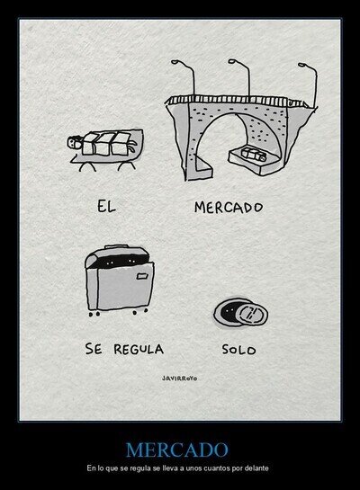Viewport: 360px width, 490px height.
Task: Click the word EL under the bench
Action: coord(106,207)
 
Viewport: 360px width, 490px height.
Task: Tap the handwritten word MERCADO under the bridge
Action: coord(229,208)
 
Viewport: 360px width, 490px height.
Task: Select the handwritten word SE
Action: coord(94,349)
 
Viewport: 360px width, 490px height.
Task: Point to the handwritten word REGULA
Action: coord(139,349)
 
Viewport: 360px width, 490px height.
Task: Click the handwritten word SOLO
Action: coord(239,350)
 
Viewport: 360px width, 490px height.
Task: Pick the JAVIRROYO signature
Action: coord(179,379)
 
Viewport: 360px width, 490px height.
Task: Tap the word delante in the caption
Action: coord(258,468)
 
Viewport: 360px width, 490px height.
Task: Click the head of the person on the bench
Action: coord(74,142)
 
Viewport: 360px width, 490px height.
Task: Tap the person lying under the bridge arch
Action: coord(254,154)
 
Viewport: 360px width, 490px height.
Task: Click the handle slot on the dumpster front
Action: coord(142,276)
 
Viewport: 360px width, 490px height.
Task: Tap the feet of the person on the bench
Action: coord(132,147)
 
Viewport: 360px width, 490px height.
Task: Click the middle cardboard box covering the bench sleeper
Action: coord(103,144)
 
